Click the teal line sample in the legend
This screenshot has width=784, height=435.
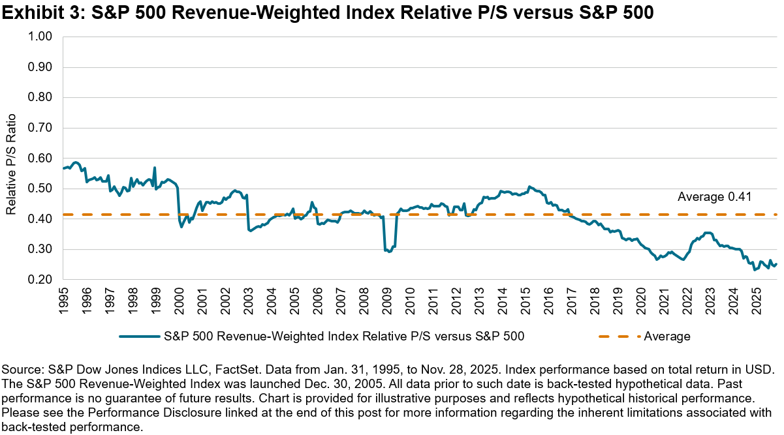pyautogui.click(x=140, y=337)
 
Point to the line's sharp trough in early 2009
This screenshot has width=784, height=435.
pyautogui.click(x=390, y=251)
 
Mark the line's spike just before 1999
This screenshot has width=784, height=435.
pyautogui.click(x=154, y=168)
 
